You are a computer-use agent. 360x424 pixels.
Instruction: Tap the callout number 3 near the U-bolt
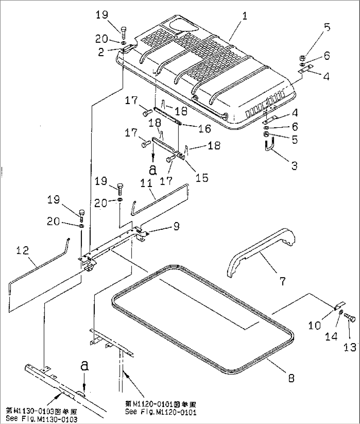point(294,165)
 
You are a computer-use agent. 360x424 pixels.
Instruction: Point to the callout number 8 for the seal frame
point(291,378)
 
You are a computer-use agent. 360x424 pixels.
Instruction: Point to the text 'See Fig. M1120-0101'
point(161,412)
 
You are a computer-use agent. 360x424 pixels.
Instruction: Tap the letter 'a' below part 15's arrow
point(152,170)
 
